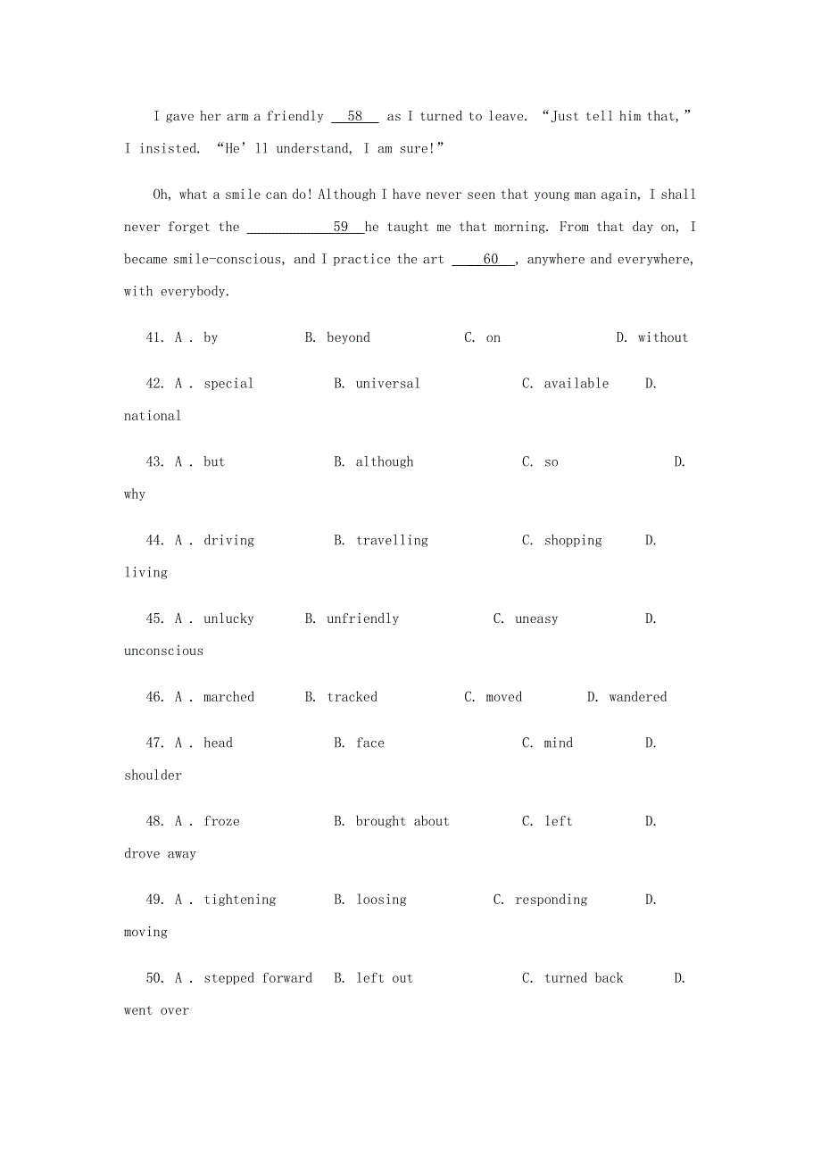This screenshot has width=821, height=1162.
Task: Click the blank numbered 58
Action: click(355, 117)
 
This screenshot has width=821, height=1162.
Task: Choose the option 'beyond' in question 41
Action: click(348, 338)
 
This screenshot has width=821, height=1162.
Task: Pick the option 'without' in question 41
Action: click(663, 338)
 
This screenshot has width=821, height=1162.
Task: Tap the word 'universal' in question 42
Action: click(387, 384)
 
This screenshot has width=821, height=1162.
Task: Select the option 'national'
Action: click(153, 416)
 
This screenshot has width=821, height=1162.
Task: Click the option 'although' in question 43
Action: click(385, 462)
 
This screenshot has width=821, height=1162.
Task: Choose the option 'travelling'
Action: click(392, 541)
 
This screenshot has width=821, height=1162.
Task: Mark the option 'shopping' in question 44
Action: click(573, 541)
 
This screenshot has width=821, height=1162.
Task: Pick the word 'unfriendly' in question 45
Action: click(362, 619)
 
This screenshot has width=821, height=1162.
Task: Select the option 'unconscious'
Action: click(163, 652)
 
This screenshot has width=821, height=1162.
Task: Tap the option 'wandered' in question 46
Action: click(638, 697)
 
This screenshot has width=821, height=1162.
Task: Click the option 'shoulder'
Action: click(153, 776)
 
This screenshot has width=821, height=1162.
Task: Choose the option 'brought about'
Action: click(402, 822)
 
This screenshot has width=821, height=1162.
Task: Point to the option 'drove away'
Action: click(160, 854)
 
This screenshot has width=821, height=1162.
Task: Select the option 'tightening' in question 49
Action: click(240, 900)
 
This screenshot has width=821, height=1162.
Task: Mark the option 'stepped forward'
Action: click(258, 978)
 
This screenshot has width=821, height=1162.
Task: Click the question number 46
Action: click(154, 697)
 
